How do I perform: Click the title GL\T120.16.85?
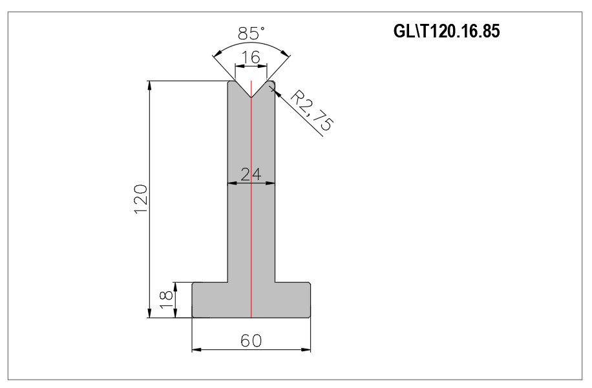[x=447, y=31]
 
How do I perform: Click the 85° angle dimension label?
[x=251, y=33]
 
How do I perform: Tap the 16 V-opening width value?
[x=251, y=57]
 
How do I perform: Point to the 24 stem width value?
[x=251, y=174]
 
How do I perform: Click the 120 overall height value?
[x=140, y=199]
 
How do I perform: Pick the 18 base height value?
[x=166, y=300]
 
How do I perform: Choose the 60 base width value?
[x=251, y=341]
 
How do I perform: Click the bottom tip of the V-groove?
[x=251, y=97]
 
